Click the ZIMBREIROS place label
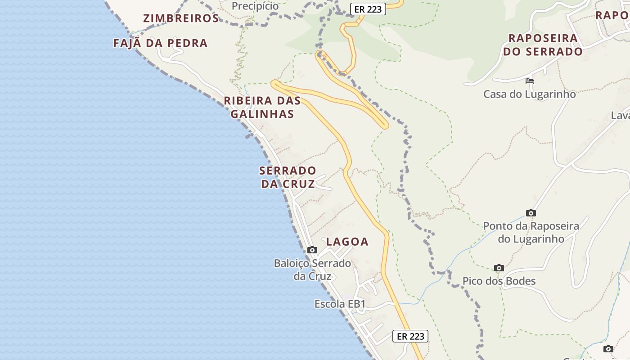click(181, 18)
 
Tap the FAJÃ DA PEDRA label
click(160, 43)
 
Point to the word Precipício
click(255, 6)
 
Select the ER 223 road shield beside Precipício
click(368, 9)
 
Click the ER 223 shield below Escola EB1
click(410, 336)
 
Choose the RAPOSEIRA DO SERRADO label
click(543, 45)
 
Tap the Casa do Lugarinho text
click(529, 94)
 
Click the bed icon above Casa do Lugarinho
click(530, 81)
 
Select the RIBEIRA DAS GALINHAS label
click(262, 107)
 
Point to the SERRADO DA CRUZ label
click(288, 177)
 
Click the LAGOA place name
click(347, 242)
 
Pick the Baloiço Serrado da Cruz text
click(312, 270)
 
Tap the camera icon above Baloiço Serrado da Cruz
click(312, 250)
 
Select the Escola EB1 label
click(340, 304)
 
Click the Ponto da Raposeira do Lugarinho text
click(531, 232)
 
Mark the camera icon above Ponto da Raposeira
click(531, 213)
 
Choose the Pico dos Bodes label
click(499, 281)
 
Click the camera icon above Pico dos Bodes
click(499, 268)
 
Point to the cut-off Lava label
click(620, 116)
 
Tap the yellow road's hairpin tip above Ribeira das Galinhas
click(274, 82)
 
